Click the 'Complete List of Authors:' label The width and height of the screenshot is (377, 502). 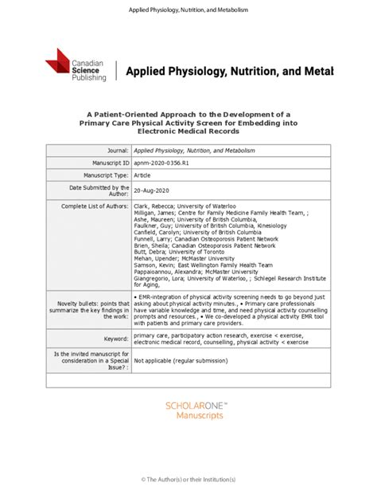coord(95,206)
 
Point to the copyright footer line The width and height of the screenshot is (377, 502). coord(188,478)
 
